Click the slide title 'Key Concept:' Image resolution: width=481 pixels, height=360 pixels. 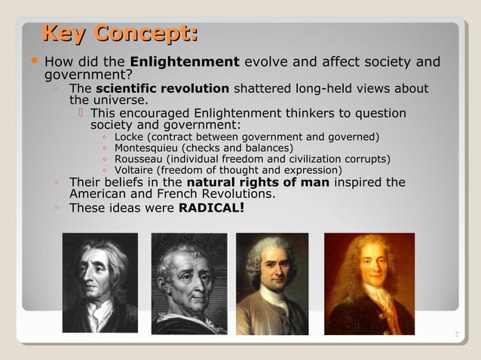tap(120, 34)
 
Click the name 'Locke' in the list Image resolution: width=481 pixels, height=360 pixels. tap(129, 137)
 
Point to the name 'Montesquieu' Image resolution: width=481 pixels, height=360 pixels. tap(147, 148)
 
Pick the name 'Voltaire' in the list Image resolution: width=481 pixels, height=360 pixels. tap(135, 170)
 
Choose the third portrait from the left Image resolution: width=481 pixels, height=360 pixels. tap(272, 283)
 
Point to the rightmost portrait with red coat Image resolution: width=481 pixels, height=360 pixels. tap(369, 283)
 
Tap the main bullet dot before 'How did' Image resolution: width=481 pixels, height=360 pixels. tap(35, 61)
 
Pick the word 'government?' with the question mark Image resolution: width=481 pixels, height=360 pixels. tap(88, 75)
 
